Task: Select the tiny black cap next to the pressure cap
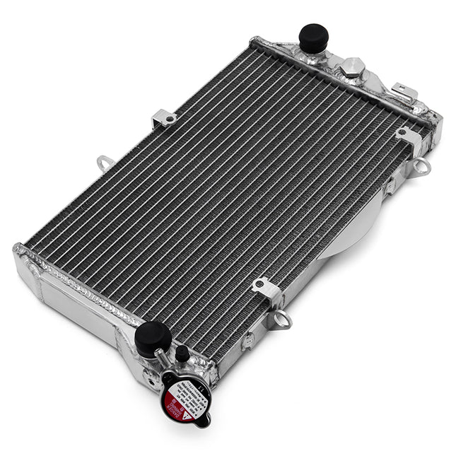[x=182, y=352]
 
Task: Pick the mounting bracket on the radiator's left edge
[x=165, y=117]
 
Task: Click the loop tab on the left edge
[x=105, y=163]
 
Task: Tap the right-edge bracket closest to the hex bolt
[x=409, y=137]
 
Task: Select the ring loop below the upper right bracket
[x=422, y=167]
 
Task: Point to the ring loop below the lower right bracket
[x=281, y=320]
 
